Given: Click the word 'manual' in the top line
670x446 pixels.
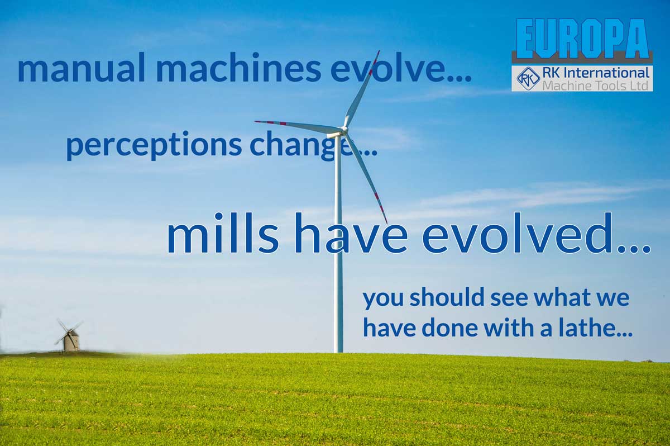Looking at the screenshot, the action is [x=81, y=68].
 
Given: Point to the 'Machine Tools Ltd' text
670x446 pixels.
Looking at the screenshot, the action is [x=595, y=86].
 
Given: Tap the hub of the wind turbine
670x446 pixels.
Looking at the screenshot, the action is [x=343, y=130].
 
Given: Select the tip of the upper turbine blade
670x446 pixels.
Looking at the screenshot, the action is [x=379, y=51].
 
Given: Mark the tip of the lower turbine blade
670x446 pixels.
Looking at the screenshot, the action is [x=387, y=223].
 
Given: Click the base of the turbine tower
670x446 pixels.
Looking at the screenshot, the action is [x=338, y=352].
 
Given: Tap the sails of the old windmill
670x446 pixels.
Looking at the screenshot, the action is [x=69, y=331].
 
